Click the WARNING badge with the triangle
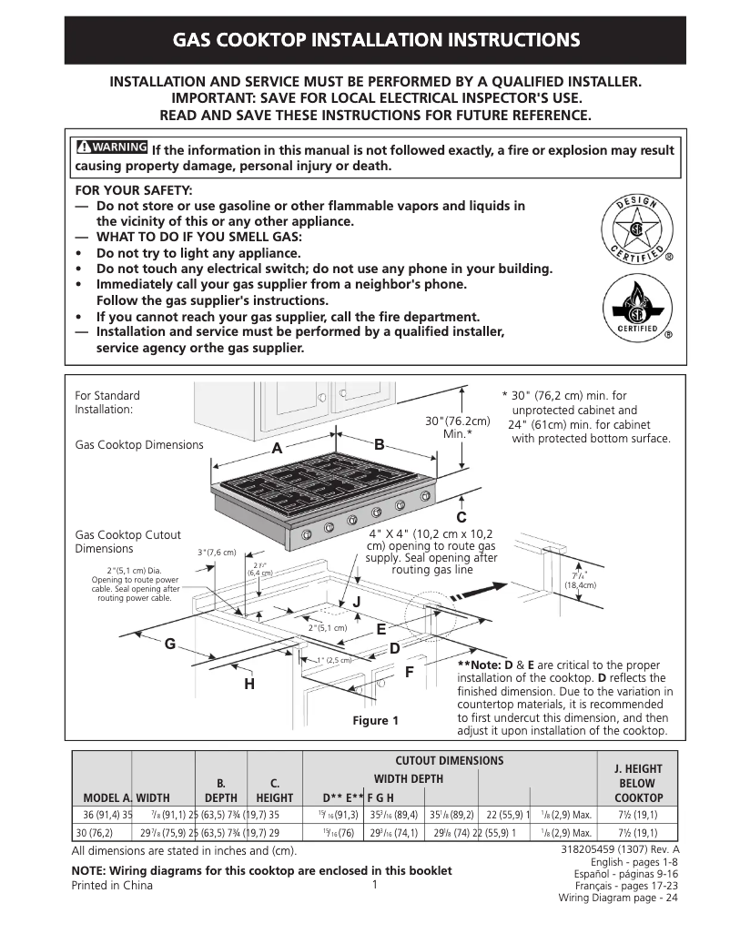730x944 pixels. tap(111, 147)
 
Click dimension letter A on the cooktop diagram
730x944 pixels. tap(276, 449)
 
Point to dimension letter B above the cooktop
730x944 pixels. tap(380, 443)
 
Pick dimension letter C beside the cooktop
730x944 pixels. tap(461, 518)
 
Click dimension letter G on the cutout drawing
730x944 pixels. tap(169, 644)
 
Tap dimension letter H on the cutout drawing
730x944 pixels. tap(248, 684)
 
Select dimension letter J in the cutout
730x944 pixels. tap(357, 603)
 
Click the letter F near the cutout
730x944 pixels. tap(409, 672)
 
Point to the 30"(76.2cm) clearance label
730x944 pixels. tap(458, 427)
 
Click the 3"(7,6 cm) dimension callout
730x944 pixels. tap(217, 553)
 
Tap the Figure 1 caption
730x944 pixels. tap(376, 721)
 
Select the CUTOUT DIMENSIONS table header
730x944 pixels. tap(449, 760)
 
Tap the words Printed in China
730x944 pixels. tap(112, 886)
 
